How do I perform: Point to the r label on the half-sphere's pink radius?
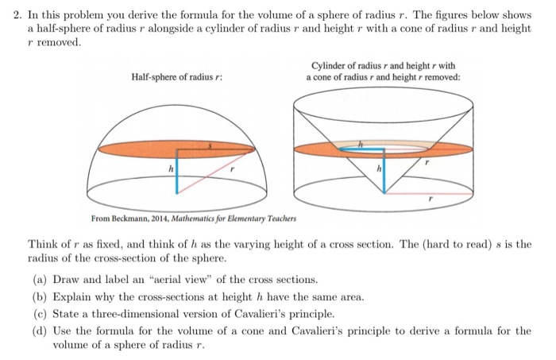tap(231, 168)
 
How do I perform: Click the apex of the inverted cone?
tap(384, 191)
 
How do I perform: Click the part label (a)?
tap(37, 280)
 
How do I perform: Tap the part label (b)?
tap(37, 296)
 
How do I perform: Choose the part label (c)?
tap(37, 313)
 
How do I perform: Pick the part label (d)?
tap(37, 330)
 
